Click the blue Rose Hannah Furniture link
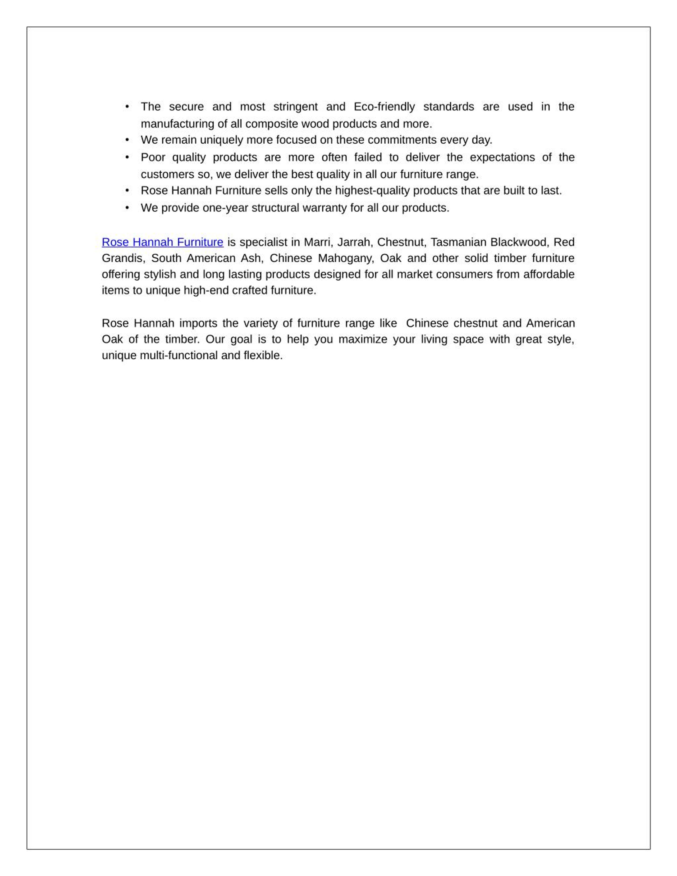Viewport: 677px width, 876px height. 162,242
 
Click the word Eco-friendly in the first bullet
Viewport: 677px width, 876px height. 384,107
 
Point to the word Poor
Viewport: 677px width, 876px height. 153,157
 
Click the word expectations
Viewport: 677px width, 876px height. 502,157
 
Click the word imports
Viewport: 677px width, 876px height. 198,323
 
